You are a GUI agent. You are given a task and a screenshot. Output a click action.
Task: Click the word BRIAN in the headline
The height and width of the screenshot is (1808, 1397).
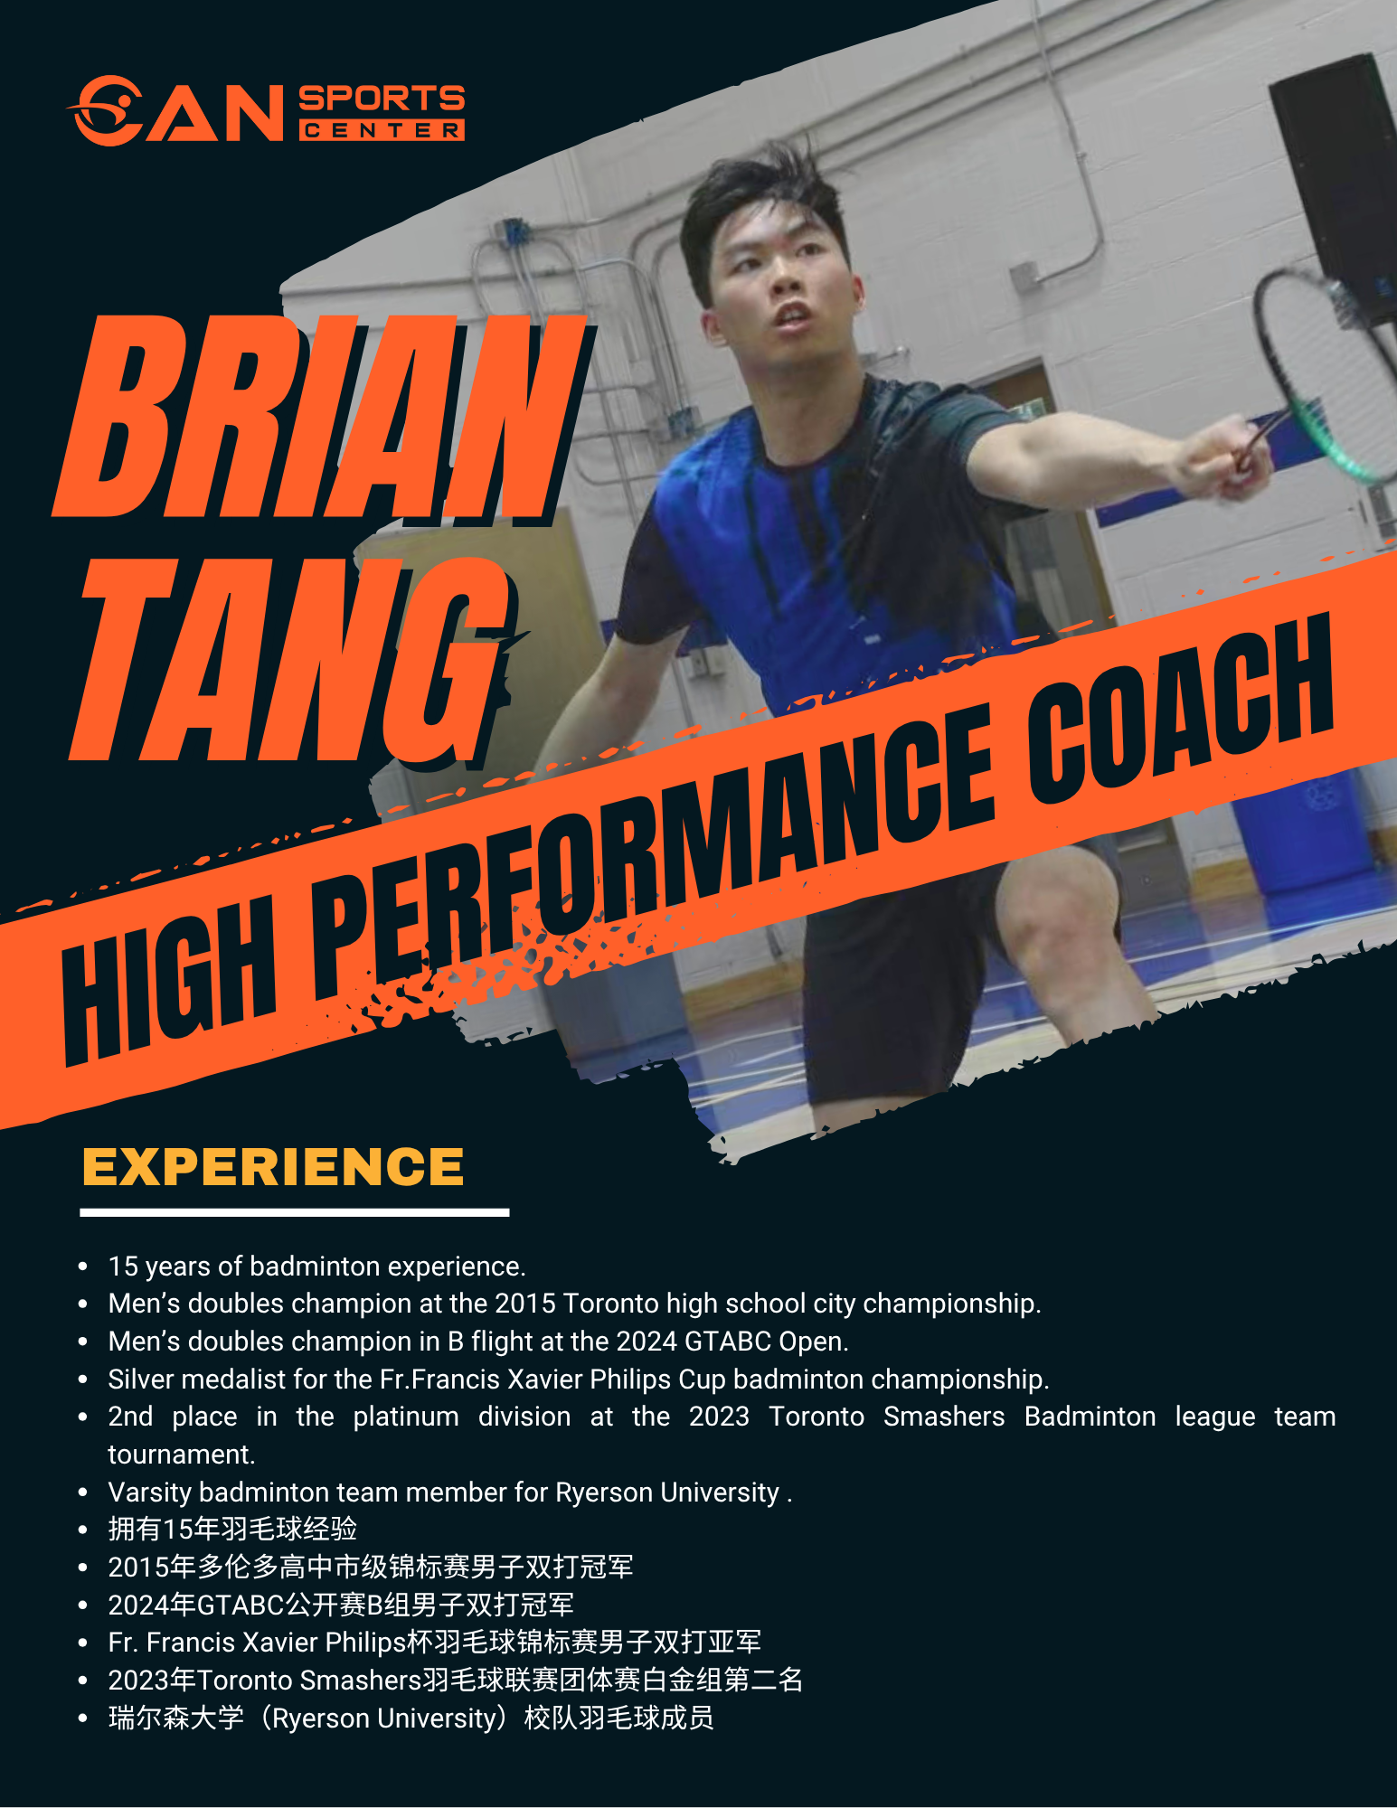(x=321, y=418)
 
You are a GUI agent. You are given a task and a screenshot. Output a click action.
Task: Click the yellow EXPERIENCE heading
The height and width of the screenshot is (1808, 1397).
(x=273, y=1167)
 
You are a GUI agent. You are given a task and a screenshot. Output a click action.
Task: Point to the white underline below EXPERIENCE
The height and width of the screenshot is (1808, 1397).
(x=295, y=1212)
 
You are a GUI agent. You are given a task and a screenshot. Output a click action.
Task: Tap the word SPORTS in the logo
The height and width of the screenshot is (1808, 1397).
(x=382, y=98)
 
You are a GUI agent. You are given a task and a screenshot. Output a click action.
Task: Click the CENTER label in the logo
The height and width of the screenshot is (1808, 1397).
(x=382, y=131)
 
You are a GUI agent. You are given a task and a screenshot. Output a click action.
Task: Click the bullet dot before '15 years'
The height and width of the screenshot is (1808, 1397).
(x=83, y=1267)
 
